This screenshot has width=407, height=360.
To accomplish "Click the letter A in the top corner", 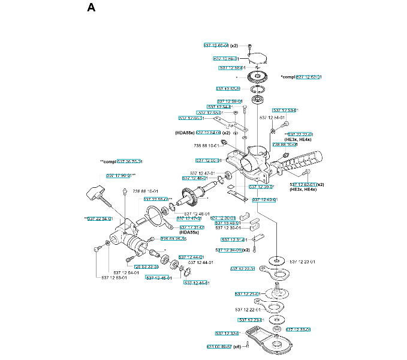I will click(x=91, y=8).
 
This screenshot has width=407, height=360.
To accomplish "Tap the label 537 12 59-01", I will click(x=227, y=59).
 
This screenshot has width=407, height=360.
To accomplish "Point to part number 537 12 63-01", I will click(x=309, y=77).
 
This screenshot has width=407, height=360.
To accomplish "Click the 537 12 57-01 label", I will click(x=228, y=89).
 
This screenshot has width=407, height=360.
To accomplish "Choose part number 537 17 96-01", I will click(x=119, y=175).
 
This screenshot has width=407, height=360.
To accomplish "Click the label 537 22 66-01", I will click(x=156, y=199).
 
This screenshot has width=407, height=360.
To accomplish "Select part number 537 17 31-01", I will click(x=192, y=227).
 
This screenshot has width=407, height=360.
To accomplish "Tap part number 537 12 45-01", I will click(x=158, y=278).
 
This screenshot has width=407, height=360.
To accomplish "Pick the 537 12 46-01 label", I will click(x=197, y=283).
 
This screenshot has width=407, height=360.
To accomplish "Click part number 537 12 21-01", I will click(x=247, y=294).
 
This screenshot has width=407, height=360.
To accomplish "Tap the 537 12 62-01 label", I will click(x=303, y=184).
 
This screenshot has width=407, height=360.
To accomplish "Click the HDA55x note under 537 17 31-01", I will click(x=189, y=233).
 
